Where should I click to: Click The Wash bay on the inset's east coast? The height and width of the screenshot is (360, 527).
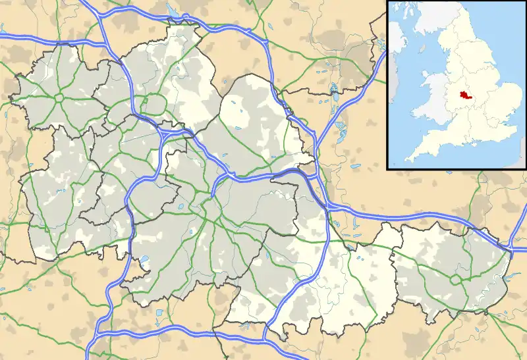493,80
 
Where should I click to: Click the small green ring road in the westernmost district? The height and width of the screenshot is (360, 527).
59,97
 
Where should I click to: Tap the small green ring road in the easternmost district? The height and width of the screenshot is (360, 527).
455,279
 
